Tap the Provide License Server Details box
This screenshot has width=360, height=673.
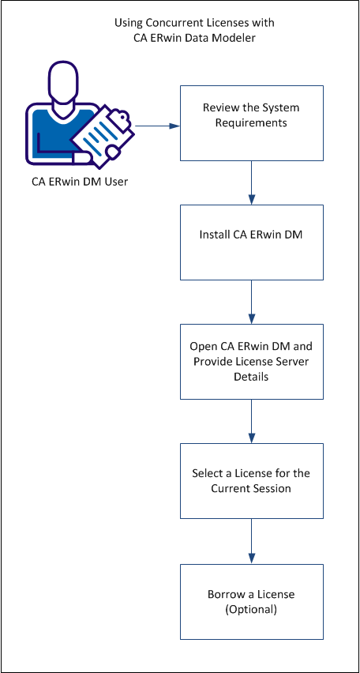[x=251, y=361]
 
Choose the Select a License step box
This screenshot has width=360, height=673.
[x=251, y=480]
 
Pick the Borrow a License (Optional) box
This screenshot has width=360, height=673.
[x=251, y=600]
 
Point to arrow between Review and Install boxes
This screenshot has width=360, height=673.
[x=251, y=182]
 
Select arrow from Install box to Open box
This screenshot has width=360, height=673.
[x=251, y=302]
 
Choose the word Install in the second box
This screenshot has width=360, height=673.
[x=216, y=235]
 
